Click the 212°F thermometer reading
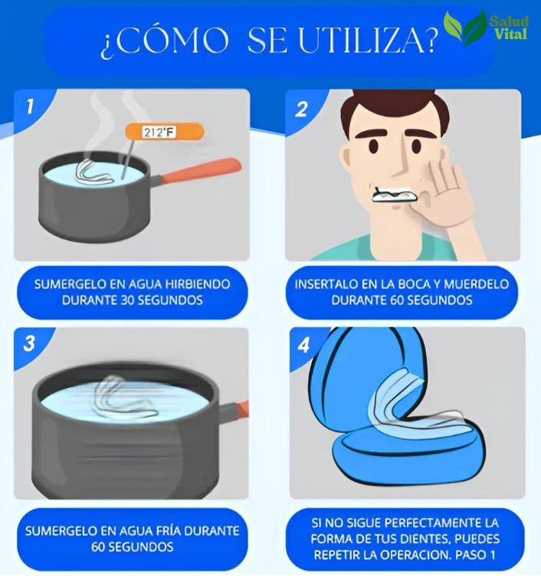159,133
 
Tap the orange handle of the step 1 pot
202,169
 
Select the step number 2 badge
300,106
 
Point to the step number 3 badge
29,343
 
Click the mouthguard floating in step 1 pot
97,170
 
